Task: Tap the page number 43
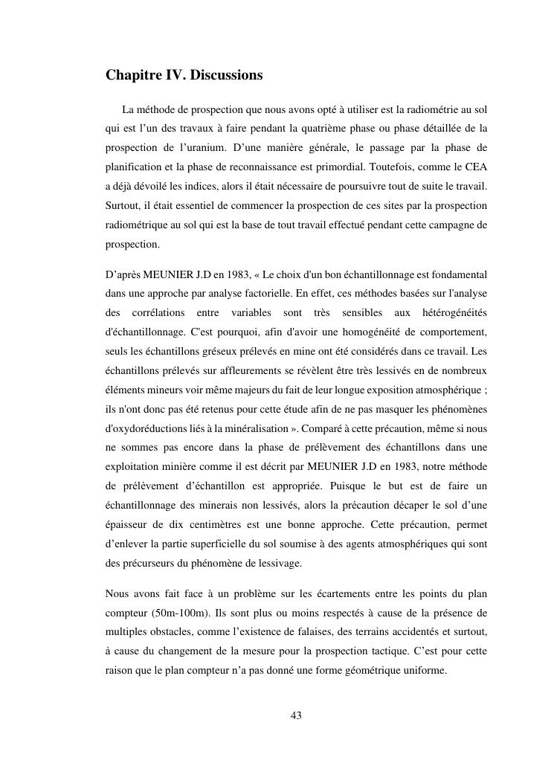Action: (x=296, y=715)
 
